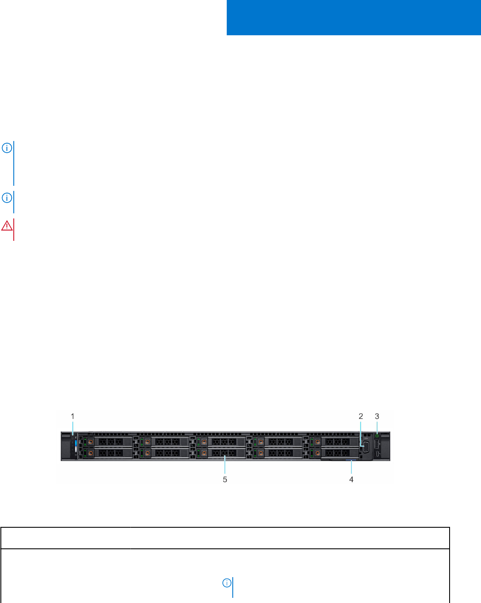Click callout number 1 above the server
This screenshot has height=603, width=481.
click(x=73, y=416)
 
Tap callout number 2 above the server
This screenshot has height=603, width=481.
click(x=361, y=416)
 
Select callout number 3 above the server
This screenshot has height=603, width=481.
click(x=377, y=416)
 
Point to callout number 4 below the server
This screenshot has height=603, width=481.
click(x=351, y=479)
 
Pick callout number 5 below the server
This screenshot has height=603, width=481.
click(x=225, y=479)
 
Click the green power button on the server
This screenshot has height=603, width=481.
click(x=377, y=436)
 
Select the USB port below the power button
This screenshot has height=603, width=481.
click(x=377, y=444)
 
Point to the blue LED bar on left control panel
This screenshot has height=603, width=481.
click(x=75, y=443)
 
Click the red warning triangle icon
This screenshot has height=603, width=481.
click(x=7, y=226)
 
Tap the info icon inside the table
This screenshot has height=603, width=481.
click(x=226, y=583)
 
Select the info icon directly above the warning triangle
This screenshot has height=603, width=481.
click(x=7, y=198)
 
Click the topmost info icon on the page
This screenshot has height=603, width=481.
click(x=7, y=148)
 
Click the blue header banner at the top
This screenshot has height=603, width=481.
click(x=354, y=18)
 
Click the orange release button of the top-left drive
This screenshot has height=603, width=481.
click(x=91, y=441)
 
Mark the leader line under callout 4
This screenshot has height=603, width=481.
click(x=351, y=468)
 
